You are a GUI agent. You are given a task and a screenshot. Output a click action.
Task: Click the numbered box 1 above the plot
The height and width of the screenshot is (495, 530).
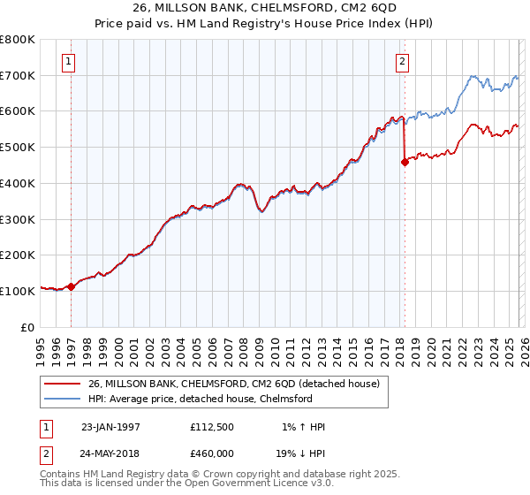point(69,62)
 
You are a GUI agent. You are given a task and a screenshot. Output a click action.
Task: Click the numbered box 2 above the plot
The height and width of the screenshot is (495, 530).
point(402,62)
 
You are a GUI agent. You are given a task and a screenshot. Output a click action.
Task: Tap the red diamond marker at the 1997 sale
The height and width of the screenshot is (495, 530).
point(71,286)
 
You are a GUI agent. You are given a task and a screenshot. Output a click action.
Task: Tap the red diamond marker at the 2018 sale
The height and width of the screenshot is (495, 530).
point(405,162)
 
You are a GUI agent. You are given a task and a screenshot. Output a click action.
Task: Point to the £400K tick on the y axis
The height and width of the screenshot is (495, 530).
point(19,183)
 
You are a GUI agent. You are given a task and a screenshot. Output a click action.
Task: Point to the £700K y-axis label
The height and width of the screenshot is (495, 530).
point(19,75)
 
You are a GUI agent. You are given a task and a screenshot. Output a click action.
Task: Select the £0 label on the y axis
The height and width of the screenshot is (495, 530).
point(28,326)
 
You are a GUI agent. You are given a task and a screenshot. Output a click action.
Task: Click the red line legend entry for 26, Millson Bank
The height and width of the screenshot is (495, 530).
point(233,384)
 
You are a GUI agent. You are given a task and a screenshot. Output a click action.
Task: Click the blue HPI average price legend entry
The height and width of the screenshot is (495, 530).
point(200,399)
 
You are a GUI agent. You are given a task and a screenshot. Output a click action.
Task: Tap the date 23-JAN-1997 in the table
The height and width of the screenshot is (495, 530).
point(110,427)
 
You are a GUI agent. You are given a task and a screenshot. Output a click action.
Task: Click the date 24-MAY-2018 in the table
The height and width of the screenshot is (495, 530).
point(110,453)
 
